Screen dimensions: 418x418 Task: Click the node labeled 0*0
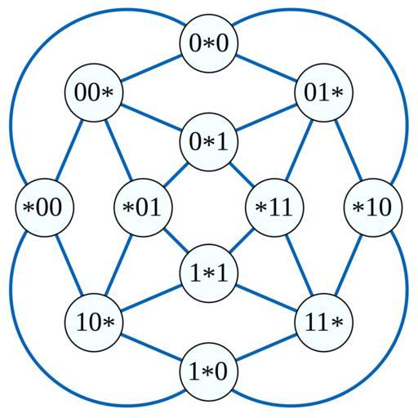[209, 43]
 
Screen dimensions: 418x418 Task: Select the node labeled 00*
[94, 93]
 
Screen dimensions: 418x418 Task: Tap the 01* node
[323, 93]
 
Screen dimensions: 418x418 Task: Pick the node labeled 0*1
[209, 142]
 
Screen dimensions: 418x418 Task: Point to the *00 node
[44, 207]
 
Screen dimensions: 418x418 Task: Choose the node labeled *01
[143, 207]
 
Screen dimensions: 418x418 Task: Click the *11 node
[274, 207]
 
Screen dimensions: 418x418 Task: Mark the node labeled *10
[373, 207]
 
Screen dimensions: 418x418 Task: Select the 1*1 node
[209, 273]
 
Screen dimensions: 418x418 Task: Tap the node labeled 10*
[94, 322]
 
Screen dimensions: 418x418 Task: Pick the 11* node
[323, 322]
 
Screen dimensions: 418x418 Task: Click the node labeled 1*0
[209, 372]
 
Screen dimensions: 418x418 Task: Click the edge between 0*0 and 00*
[151, 68]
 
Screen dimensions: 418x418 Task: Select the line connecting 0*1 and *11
[242, 175]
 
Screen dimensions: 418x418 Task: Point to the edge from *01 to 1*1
[176, 241]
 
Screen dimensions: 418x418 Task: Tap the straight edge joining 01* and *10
[349, 150]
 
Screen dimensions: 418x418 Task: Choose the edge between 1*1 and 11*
[266, 298]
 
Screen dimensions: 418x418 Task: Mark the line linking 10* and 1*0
[151, 347]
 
